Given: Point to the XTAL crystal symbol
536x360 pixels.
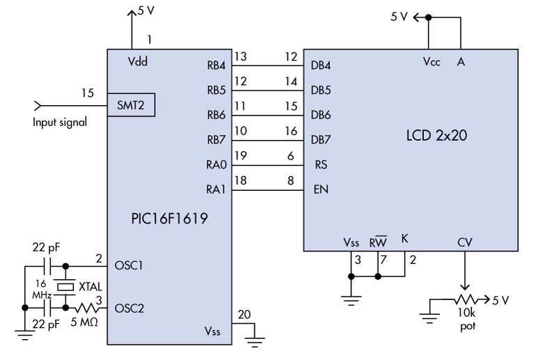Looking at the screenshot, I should click(65, 286).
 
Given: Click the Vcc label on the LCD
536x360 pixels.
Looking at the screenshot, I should click(431, 61).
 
